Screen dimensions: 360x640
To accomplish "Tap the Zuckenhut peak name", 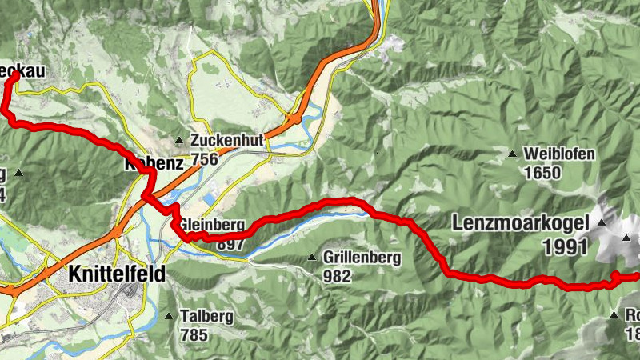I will (x=227, y=140).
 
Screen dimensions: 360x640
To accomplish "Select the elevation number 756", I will (x=204, y=159).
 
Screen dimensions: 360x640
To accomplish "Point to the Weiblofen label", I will (x=559, y=154).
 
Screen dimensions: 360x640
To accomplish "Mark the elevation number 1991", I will (x=566, y=247).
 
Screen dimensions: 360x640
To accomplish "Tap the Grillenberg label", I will (x=362, y=258).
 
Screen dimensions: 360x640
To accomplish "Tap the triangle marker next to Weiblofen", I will (x=512, y=154).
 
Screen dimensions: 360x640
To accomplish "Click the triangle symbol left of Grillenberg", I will (x=312, y=258).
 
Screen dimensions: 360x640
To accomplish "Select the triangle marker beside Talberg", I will (x=169, y=317).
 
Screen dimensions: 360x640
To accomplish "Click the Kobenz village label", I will (x=154, y=163).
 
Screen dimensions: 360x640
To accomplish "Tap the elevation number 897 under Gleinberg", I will (x=230, y=243).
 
